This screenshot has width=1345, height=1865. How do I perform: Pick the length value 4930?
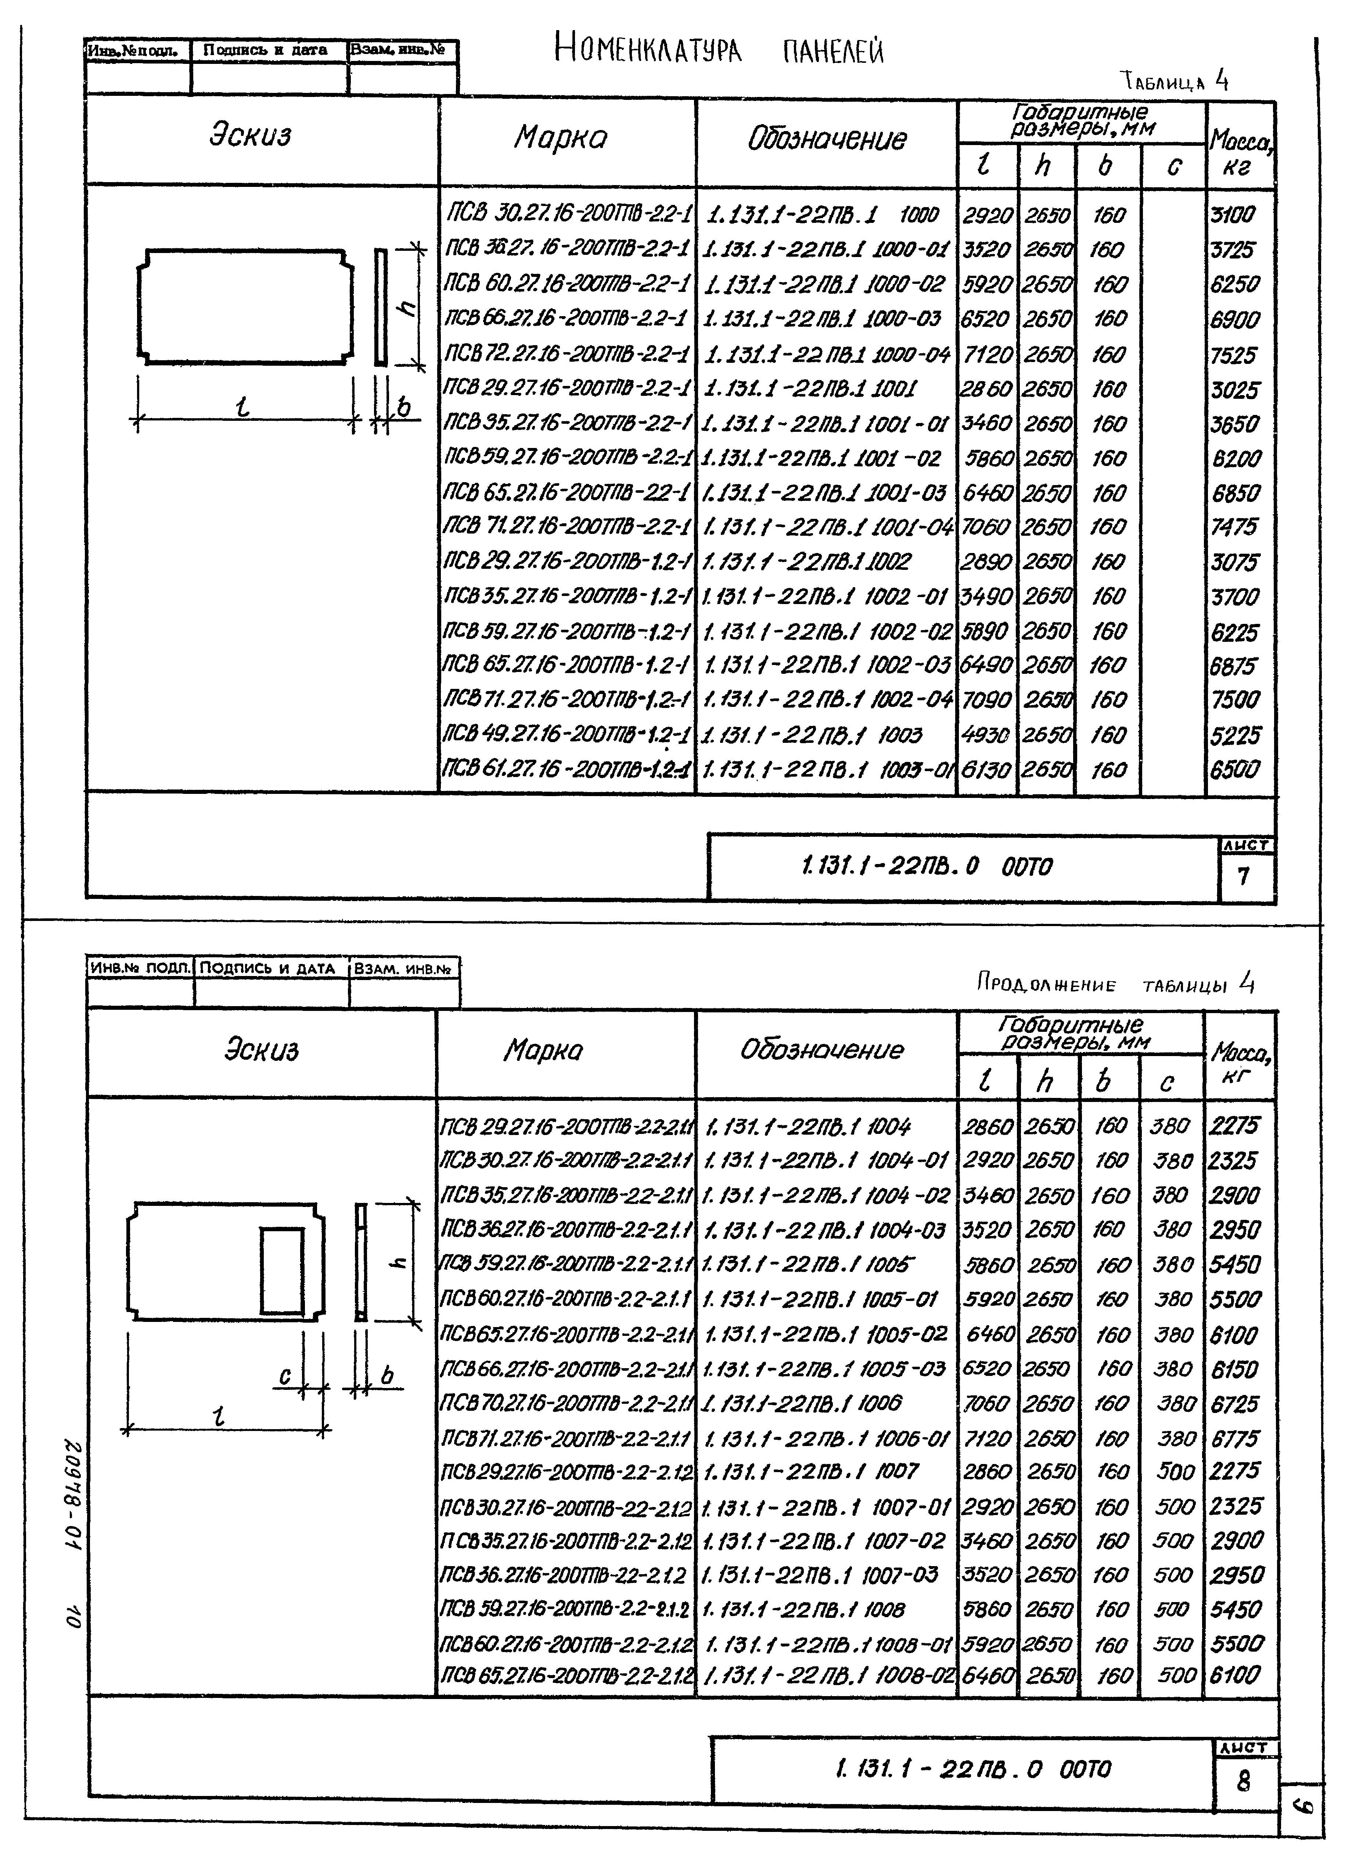coord(986,734)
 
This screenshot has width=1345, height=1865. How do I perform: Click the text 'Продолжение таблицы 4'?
coord(1115,983)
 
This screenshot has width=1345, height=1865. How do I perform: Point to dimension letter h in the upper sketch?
coord(406,307)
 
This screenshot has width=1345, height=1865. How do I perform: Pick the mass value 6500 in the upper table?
coord(1234,770)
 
